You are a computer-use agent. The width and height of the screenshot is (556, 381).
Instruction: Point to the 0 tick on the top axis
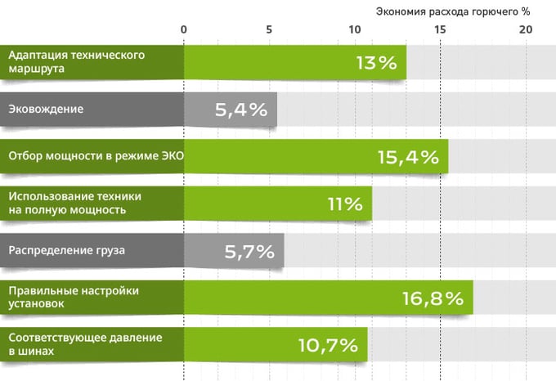(x=184, y=29)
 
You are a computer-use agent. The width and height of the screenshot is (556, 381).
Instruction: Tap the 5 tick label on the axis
(x=269, y=29)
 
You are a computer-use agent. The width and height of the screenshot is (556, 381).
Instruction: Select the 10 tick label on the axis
(x=354, y=29)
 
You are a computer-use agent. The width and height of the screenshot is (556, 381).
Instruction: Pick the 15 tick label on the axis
(x=440, y=29)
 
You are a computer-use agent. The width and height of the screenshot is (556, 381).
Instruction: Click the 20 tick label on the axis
(x=525, y=29)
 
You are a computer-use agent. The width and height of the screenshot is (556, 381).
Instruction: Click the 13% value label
(x=376, y=63)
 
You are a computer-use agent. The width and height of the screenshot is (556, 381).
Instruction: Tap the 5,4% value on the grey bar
(x=241, y=110)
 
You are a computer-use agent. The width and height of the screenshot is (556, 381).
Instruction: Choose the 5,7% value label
(x=249, y=251)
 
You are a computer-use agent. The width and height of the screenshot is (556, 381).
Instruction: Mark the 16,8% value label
(x=433, y=298)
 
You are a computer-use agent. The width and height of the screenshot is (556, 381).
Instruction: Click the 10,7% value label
(x=327, y=345)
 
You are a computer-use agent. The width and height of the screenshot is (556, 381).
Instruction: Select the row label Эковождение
(x=46, y=109)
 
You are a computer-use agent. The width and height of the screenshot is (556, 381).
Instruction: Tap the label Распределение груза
(x=66, y=250)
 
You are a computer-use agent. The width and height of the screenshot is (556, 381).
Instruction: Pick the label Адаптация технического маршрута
(x=77, y=62)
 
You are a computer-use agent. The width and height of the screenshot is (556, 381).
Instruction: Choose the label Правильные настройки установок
(x=74, y=297)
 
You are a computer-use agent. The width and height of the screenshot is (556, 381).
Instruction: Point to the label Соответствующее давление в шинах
(x=85, y=344)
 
